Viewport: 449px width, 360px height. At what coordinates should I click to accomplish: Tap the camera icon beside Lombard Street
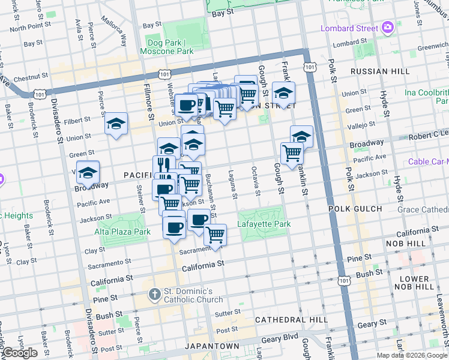(388, 28)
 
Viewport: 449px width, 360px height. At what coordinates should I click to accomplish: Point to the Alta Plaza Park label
(118, 231)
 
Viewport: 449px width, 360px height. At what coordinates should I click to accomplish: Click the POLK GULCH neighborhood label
(355, 209)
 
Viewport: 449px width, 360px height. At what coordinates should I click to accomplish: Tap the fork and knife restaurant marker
(163, 164)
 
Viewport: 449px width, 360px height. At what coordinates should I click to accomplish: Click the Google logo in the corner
(20, 353)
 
